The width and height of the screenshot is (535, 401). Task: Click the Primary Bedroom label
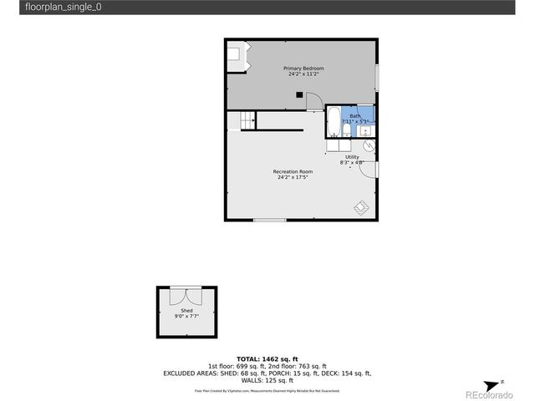(303, 68)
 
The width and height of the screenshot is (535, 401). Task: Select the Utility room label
(352, 157)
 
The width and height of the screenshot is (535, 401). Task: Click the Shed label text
(186, 310)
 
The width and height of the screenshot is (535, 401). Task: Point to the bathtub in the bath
(332, 121)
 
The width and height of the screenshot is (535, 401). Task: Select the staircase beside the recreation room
(247, 121)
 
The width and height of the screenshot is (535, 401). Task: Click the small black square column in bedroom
(299, 95)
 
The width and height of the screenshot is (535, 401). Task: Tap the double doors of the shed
(186, 297)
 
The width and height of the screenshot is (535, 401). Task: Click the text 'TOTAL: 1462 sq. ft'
(267, 358)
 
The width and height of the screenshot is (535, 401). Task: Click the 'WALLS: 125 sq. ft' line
(267, 380)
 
